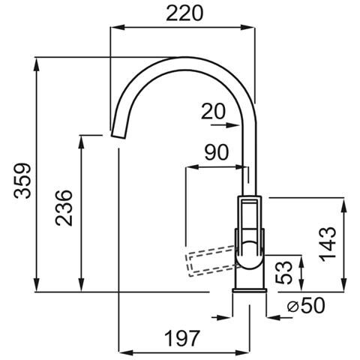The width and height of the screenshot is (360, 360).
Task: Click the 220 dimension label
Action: point(184,13)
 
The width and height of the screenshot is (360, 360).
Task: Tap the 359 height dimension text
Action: point(22,181)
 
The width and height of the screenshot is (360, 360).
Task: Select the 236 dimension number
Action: point(64,208)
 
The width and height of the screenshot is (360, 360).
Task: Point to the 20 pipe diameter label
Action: point(213,112)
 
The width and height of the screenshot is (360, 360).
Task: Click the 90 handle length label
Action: point(217,152)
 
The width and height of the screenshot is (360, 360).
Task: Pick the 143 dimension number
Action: point(328,244)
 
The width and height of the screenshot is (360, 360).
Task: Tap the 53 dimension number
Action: point(283,272)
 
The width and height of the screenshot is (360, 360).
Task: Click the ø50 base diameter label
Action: point(306,305)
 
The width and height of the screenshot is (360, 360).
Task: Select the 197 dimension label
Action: point(182,338)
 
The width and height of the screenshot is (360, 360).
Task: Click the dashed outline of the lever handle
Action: point(211,261)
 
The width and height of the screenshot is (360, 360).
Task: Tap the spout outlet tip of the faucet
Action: point(118,135)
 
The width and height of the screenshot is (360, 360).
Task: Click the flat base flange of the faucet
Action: point(250,290)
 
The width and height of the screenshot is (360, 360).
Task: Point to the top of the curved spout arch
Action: point(184,58)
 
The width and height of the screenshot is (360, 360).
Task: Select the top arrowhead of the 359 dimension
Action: point(37,65)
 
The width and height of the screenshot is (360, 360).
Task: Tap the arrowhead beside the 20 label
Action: point(232,124)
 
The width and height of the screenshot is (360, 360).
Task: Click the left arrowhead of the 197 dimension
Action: point(126,352)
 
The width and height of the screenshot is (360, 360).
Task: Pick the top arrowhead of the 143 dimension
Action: point(344,205)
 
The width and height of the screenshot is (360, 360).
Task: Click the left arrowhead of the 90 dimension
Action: point(193,167)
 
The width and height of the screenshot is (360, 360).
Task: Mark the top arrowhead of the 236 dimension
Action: point(81,142)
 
